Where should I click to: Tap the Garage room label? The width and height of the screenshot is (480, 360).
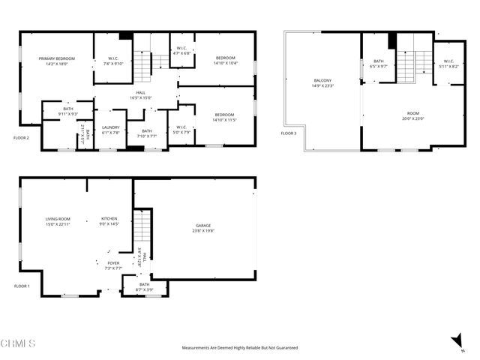(x=202, y=226)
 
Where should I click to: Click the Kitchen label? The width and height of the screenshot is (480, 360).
(x=109, y=219)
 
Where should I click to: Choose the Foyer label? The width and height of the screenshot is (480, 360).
(x=113, y=263)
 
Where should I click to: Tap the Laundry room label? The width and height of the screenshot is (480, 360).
(x=111, y=127)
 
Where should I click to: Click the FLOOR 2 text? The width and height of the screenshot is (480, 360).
(x=22, y=138)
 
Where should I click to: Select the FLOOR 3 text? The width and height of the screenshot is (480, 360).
(x=289, y=133)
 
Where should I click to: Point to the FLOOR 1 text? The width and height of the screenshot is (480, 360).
(x=22, y=286)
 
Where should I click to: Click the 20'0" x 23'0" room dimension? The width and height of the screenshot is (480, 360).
(x=412, y=118)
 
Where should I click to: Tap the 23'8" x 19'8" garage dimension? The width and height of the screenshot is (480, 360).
(x=202, y=231)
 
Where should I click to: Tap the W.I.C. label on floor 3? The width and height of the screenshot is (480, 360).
(x=448, y=61)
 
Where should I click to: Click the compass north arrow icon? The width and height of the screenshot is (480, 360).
(x=457, y=342)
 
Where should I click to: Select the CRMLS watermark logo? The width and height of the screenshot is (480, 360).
(x=18, y=343)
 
